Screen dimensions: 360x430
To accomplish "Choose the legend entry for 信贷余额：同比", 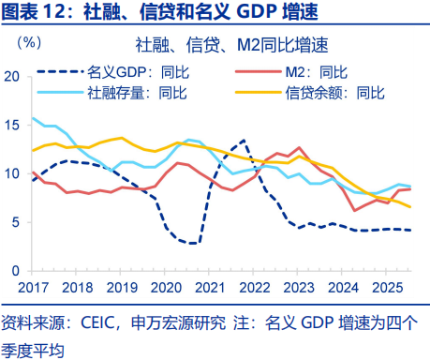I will click(332, 92).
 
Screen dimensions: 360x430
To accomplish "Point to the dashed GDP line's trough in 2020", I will click(193, 244).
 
